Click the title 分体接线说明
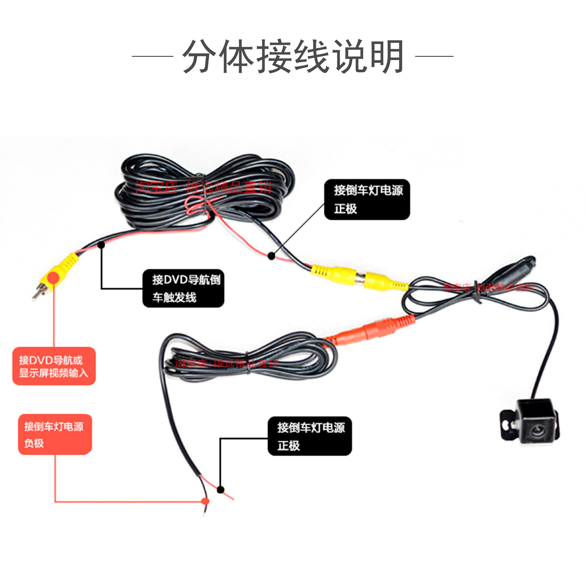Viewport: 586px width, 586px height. coord(293,57)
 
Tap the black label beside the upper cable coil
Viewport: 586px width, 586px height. coord(367,199)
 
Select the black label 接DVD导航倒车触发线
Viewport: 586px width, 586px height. coord(183,288)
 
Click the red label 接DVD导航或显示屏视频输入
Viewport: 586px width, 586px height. coord(54,366)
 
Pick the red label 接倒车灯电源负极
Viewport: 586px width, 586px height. coord(55,434)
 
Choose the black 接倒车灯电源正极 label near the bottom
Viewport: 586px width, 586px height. coord(309,436)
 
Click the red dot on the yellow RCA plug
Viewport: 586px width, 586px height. coord(53,278)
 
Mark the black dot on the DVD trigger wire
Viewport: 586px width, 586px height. coord(101,245)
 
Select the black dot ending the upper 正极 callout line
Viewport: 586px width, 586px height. coord(272,256)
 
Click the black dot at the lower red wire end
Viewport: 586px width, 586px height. coord(220,490)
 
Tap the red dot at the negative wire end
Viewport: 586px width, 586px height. coord(205,501)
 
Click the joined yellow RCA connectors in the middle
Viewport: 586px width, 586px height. coord(359,277)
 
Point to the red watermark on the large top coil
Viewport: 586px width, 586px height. coord(203,188)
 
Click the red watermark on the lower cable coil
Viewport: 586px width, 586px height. coord(226,363)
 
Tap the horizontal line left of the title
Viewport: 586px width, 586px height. coord(152,56)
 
